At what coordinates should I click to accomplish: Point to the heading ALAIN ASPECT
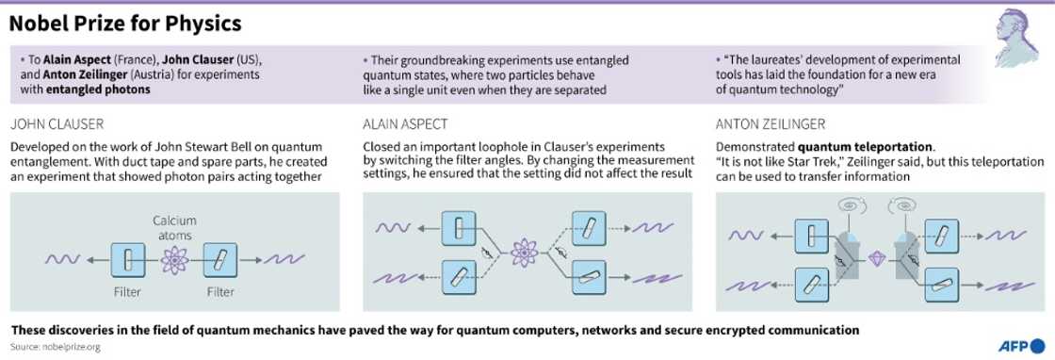pyautogui.click(x=406, y=124)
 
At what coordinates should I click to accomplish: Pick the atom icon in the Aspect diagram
pyautogui.click(x=524, y=253)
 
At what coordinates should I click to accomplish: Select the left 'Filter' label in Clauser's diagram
pyautogui.click(x=127, y=292)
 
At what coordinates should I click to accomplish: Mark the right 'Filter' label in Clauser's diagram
pyautogui.click(x=221, y=292)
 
